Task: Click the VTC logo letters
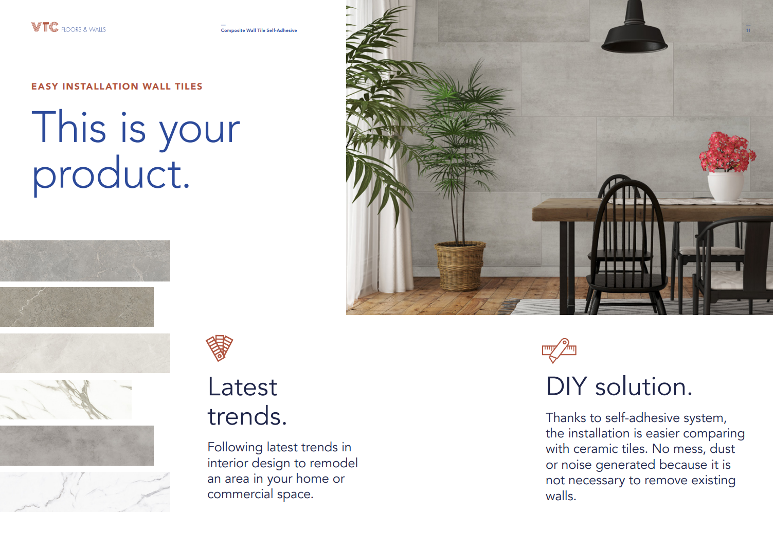(x=45, y=27)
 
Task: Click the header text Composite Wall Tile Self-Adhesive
(x=259, y=30)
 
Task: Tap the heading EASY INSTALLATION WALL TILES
(x=117, y=86)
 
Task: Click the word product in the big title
(x=111, y=174)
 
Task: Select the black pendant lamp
(x=635, y=34)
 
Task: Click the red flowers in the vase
(x=727, y=152)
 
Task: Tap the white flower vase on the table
(x=726, y=186)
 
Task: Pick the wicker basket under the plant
(x=459, y=266)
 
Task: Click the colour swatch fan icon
(x=220, y=348)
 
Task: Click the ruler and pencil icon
(x=559, y=350)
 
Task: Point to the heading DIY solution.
(x=619, y=386)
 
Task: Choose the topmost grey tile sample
(x=85, y=261)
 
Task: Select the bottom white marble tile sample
(x=85, y=492)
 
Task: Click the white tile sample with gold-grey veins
(x=65, y=399)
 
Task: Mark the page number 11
(x=748, y=30)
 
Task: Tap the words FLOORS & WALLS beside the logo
(x=83, y=30)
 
